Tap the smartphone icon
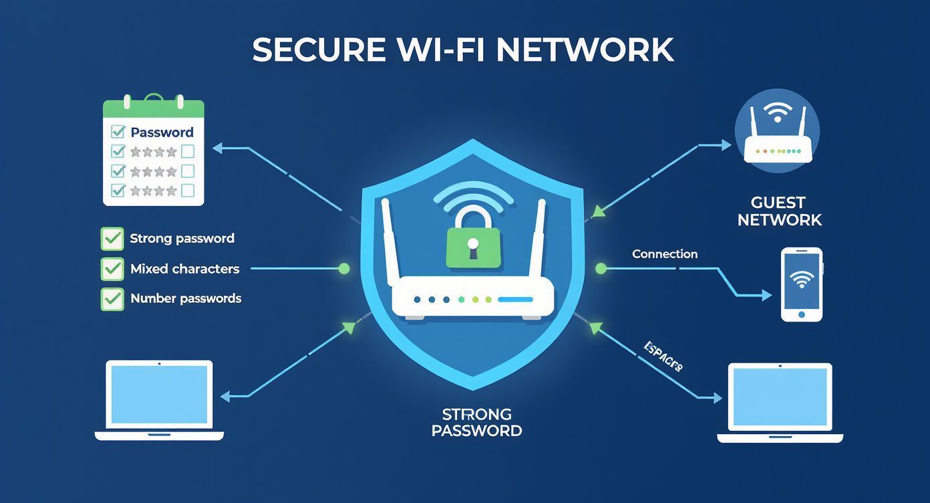point(802,284)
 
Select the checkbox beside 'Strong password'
point(112,239)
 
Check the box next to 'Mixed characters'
point(112,269)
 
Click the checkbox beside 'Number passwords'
point(112,299)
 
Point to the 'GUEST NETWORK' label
point(779,211)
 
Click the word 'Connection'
point(665,254)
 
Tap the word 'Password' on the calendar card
point(162,132)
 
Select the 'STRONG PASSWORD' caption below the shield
point(476,422)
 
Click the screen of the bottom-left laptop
point(159,394)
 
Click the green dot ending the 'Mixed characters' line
point(344,269)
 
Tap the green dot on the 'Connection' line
point(601,269)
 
